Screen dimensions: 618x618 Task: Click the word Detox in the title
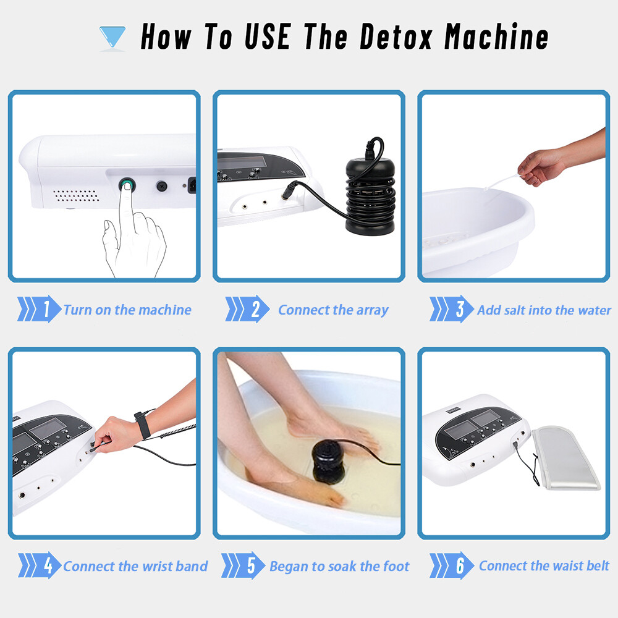(396, 36)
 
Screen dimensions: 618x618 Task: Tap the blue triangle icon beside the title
(112, 36)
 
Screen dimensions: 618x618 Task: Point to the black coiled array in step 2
(370, 195)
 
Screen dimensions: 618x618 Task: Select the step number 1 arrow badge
(39, 310)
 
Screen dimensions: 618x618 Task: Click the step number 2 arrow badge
(247, 310)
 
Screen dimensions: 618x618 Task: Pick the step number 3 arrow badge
(452, 310)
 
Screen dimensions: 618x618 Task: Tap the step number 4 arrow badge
(40, 565)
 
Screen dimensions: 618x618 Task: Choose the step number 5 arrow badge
(243, 565)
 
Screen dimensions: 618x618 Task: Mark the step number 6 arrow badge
(452, 565)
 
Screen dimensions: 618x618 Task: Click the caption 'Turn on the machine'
(128, 310)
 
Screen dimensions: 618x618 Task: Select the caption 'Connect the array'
(334, 310)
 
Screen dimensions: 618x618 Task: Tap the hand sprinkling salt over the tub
(541, 166)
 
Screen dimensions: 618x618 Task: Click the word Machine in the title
(497, 36)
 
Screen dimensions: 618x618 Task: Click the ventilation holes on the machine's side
(76, 195)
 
